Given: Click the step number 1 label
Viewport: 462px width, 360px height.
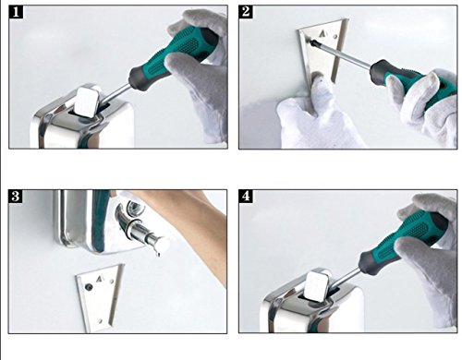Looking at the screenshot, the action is [16, 12].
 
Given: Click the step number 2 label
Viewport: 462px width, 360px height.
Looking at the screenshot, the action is [246, 12].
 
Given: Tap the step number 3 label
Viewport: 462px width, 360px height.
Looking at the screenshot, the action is [16, 196].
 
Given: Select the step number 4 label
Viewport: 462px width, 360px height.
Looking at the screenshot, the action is [246, 196].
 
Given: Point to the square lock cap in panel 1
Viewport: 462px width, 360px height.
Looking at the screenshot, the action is [87, 102].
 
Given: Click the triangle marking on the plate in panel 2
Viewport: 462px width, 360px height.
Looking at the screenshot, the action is [322, 33].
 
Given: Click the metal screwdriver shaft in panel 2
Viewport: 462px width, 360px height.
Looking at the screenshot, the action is [341, 53].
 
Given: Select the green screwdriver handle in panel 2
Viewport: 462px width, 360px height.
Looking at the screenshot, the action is [409, 80].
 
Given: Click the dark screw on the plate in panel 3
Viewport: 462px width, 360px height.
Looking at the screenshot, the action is [89, 287].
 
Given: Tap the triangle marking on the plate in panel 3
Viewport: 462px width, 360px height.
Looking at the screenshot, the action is [100, 279].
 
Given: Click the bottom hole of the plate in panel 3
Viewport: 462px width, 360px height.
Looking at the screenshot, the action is [100, 321].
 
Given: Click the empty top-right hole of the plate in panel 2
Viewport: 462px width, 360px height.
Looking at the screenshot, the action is [335, 37].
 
